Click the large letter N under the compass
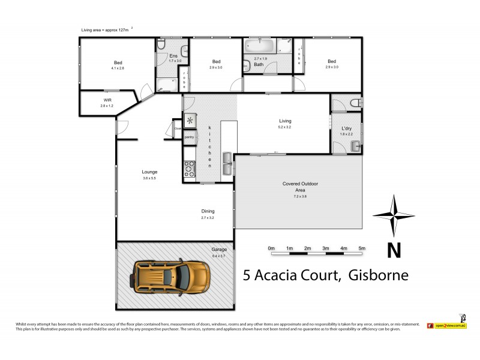pyautogui.click(x=393, y=251)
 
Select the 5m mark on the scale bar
pyautogui.click(x=362, y=248)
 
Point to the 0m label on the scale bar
pyautogui.click(x=271, y=248)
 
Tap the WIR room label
pyautogui.click(x=107, y=100)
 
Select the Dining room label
pyautogui.click(x=208, y=211)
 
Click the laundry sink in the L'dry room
pyautogui.click(x=356, y=145)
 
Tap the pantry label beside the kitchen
pyautogui.click(x=189, y=137)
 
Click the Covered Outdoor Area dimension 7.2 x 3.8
pyautogui.click(x=300, y=196)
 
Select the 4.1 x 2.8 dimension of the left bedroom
pyautogui.click(x=117, y=68)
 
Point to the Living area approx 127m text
pyautogui.click(x=106, y=29)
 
